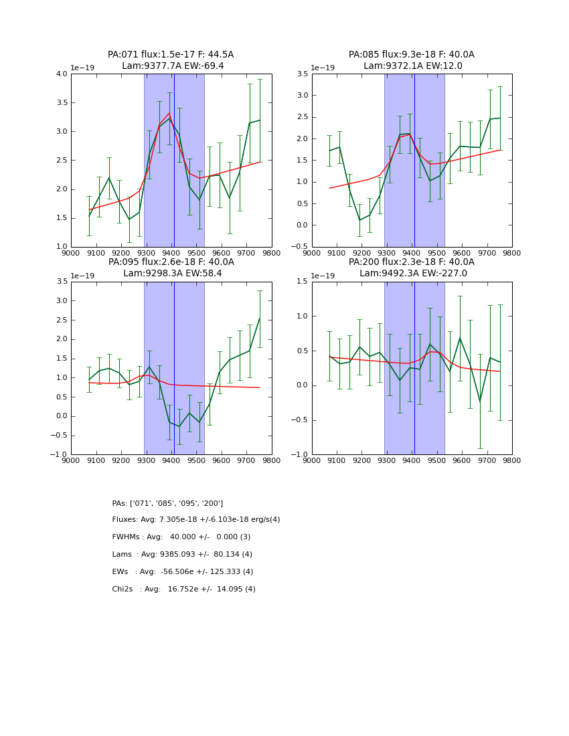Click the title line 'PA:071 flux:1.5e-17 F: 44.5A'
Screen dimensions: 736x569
pyautogui.click(x=171, y=55)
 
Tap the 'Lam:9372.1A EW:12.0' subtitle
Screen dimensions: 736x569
pyautogui.click(x=412, y=66)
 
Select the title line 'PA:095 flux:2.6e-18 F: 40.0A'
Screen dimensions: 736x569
pyautogui.click(x=171, y=262)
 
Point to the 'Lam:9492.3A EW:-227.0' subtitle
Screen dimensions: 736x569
pyautogui.click(x=412, y=274)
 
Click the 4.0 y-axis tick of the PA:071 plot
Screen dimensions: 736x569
pyautogui.click(x=61, y=74)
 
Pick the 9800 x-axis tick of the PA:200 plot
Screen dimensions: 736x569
pyautogui.click(x=511, y=460)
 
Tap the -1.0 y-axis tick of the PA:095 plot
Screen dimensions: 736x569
pyautogui.click(x=59, y=455)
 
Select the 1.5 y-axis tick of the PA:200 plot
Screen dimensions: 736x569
pyautogui.click(x=302, y=282)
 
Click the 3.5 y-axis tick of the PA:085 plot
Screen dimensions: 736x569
pyautogui.click(x=302, y=74)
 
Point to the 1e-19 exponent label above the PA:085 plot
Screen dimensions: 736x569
pyautogui.click(x=323, y=68)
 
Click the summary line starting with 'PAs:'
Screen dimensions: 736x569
pyautogui.click(x=167, y=503)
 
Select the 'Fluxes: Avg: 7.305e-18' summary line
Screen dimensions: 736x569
pyautogui.click(x=195, y=520)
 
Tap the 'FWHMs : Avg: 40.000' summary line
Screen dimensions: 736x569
pyautogui.click(x=181, y=537)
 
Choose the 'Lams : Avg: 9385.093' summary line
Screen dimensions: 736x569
pyautogui.click(x=182, y=555)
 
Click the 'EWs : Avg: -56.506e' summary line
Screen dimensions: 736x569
pyautogui.click(x=182, y=572)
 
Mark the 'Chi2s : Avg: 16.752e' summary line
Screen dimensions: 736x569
pyautogui.click(x=183, y=589)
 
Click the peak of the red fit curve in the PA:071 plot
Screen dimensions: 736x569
pyautogui.click(x=169, y=113)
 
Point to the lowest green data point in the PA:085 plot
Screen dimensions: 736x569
pyautogui.click(x=359, y=219)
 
